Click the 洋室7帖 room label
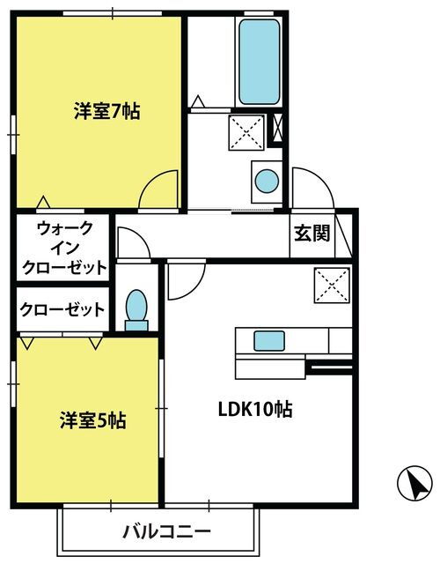107,111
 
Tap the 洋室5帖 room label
93,419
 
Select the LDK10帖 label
255,409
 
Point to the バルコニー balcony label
166,531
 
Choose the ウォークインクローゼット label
64,248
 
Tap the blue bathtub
259,62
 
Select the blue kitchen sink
269,341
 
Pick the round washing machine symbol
267,182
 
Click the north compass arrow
414,483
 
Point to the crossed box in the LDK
333,286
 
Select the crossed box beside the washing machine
246,132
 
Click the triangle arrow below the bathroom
197,101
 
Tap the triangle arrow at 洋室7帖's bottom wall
43,202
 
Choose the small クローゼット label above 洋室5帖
62,309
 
